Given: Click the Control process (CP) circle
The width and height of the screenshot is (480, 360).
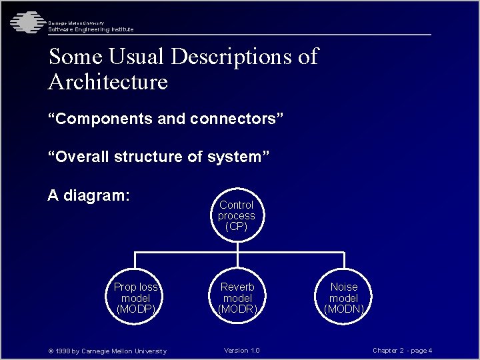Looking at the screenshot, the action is [x=237, y=215].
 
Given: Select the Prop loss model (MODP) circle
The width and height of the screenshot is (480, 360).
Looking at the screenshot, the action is [x=136, y=297].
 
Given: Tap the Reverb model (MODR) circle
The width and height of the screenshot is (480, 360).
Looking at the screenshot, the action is [x=237, y=297].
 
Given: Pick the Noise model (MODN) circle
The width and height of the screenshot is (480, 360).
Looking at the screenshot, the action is [x=344, y=297].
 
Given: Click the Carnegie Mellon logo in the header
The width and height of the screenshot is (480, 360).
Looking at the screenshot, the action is [x=25, y=23].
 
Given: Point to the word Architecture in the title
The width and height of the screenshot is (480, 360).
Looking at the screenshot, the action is [x=108, y=82].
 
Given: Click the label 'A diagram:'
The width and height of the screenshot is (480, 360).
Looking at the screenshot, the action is [x=89, y=196].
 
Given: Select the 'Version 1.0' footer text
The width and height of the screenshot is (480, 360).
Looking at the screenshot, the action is [x=242, y=351].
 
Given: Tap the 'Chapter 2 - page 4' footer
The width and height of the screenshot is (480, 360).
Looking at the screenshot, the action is [x=403, y=351].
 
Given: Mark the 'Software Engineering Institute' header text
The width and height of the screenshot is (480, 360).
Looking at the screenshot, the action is [x=91, y=29].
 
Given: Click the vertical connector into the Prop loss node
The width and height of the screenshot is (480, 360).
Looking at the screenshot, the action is [x=136, y=264].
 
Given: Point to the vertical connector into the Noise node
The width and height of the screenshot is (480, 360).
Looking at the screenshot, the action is [x=344, y=264].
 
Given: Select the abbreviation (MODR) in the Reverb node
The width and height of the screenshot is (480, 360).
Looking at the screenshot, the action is [x=237, y=309].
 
